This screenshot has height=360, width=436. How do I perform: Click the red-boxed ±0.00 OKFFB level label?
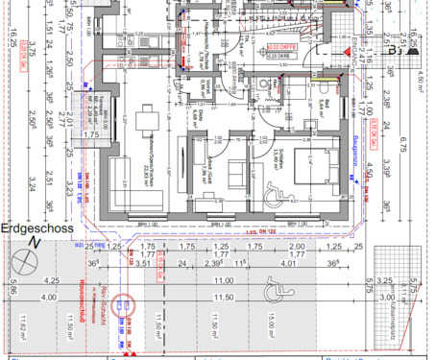point(279,45)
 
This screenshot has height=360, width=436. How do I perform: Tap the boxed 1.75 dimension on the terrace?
point(91,135)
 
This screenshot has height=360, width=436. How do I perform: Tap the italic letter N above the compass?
point(36,244)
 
